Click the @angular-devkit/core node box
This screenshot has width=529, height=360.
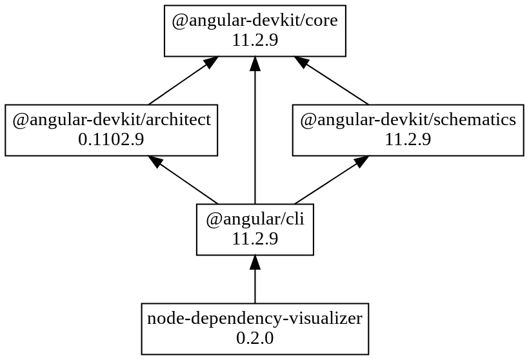coord(255,30)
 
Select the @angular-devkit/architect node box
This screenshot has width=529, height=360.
coord(111,130)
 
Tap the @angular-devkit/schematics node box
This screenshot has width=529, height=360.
coord(408,130)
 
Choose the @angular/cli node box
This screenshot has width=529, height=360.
coord(255,229)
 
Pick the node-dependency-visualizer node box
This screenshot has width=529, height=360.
coord(255,328)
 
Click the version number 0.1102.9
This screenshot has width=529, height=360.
coord(111,139)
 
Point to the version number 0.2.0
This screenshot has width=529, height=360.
coord(255,338)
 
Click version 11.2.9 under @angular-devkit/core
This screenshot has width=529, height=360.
coord(255,40)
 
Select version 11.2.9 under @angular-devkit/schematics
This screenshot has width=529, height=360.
coord(408,139)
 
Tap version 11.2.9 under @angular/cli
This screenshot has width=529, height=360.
coord(255,239)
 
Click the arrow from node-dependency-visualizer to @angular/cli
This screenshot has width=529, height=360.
coord(255,284)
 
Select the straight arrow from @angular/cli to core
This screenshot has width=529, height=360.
coord(255,135)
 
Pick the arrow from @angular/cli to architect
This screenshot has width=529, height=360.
coord(187,181)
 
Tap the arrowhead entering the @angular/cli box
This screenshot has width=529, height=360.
coord(255,263)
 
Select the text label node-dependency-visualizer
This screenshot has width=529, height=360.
coord(255,319)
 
